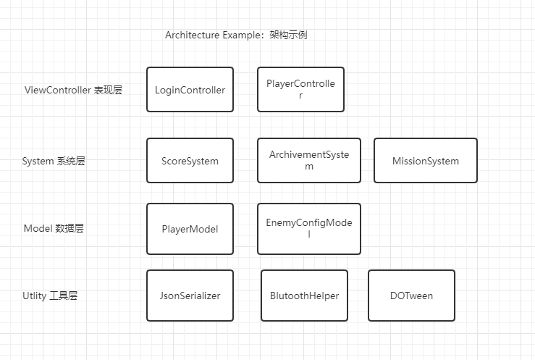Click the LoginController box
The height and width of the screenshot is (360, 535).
pos(190,90)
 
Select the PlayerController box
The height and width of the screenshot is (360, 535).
pos(300,90)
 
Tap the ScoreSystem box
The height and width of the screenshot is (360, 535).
pos(190,161)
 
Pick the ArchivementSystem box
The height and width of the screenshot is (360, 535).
pos(309,160)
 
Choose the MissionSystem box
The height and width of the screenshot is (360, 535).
pos(425,161)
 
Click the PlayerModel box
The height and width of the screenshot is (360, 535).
pos(190,229)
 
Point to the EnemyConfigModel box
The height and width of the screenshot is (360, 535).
pos(309,229)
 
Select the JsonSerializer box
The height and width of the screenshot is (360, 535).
pos(190,296)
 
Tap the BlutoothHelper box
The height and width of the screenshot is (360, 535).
pos(304,296)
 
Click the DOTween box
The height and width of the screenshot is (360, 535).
pos(411,296)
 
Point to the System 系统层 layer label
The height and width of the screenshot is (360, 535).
pos(54,162)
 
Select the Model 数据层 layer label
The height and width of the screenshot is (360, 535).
pos(54,229)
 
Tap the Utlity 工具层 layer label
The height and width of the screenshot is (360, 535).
pos(50,296)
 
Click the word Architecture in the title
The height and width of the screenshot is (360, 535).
pos(191,35)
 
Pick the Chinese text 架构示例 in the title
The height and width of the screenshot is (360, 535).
pos(288,35)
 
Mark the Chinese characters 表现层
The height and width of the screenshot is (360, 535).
pos(109,91)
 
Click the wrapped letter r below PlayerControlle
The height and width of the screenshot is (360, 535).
pos(300,96)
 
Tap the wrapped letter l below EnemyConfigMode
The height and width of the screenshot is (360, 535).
pos(309,235)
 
